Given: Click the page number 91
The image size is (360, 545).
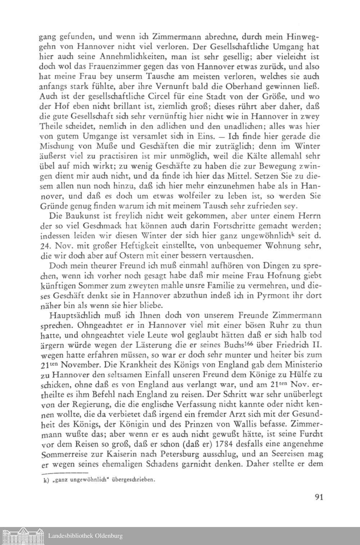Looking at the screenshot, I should point(318,497).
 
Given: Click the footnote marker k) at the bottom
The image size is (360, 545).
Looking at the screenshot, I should point(46,480).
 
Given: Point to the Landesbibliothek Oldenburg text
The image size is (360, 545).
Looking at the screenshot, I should point(85,536).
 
